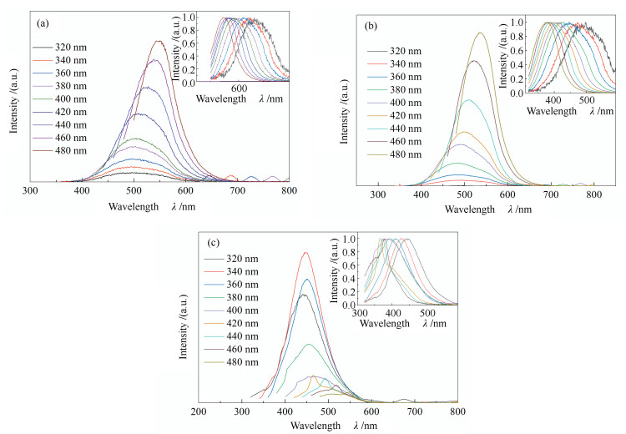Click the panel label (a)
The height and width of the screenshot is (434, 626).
[x=43, y=23]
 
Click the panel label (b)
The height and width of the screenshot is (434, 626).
[x=372, y=27]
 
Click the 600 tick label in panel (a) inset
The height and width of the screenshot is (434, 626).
[x=239, y=88]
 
